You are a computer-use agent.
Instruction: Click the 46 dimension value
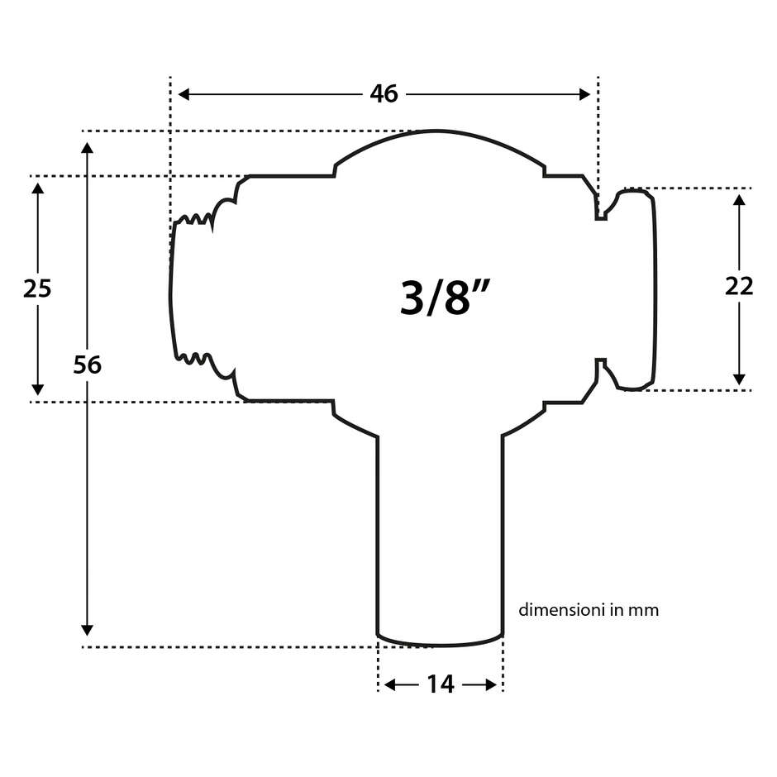(384, 94)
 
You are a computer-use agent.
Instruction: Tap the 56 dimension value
(87, 365)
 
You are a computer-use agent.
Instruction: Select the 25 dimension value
(37, 288)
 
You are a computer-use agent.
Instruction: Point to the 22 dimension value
(739, 286)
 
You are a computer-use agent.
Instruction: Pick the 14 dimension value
(441, 684)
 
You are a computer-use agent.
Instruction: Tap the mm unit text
(643, 611)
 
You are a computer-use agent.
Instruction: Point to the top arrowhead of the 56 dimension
(87, 147)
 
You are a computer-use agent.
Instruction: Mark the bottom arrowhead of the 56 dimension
(87, 629)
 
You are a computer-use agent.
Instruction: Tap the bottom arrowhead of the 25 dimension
(37, 388)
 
